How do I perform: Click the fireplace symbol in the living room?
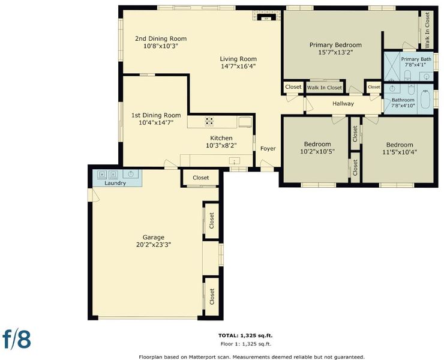pyautogui.click(x=266, y=16)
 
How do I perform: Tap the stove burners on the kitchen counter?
pyautogui.click(x=209, y=121)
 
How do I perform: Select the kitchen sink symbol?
pyautogui.click(x=235, y=161)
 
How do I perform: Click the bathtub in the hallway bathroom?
pyautogui.click(x=425, y=99)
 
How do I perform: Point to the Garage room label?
pyautogui.click(x=153, y=238)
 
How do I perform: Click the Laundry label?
pyautogui.click(x=115, y=183)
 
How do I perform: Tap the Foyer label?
pyautogui.click(x=268, y=148)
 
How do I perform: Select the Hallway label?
pyautogui.click(x=343, y=103)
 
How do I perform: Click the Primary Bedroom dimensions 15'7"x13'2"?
pyautogui.click(x=335, y=52)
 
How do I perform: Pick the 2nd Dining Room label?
pyautogui.click(x=161, y=38)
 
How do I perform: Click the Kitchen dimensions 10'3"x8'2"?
pyautogui.click(x=221, y=145)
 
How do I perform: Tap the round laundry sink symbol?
pyautogui.click(x=131, y=174)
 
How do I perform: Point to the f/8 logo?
pyautogui.click(x=16, y=338)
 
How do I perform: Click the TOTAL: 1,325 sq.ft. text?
pyautogui.click(x=245, y=335)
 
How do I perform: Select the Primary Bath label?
pyautogui.click(x=416, y=59)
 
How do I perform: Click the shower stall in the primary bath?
pyautogui.click(x=392, y=66)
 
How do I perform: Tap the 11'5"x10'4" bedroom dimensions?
pyautogui.click(x=400, y=152)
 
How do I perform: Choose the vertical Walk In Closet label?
pyautogui.click(x=427, y=29)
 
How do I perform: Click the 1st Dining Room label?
pyautogui.click(x=156, y=115)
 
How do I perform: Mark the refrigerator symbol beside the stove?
pyautogui.click(x=245, y=122)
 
